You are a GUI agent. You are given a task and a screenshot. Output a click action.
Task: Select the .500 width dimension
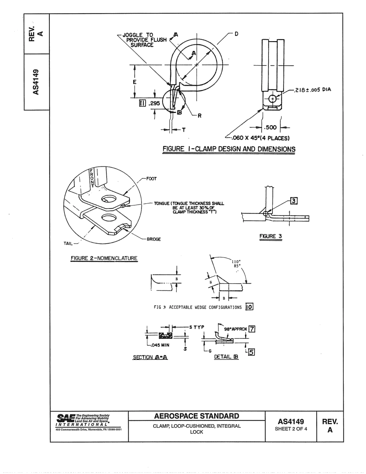[271, 128]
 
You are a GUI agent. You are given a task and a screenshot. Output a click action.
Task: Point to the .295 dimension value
[154, 104]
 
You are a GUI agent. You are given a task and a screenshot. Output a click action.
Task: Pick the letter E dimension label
[134, 82]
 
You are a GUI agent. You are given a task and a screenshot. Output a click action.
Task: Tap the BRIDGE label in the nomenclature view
[153, 239]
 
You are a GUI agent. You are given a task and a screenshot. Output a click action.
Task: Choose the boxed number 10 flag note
[249, 307]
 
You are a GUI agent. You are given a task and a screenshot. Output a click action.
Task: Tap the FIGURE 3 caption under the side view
[271, 236]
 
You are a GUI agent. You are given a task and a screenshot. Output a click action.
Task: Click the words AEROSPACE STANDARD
[196, 416]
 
